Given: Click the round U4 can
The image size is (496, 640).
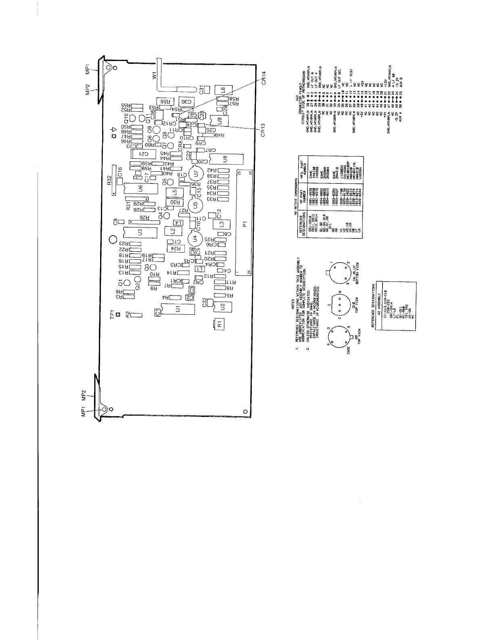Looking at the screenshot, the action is click(196, 238).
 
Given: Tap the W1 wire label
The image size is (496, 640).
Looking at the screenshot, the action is click(154, 76).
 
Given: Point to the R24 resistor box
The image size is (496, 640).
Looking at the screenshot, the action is click(175, 248).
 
